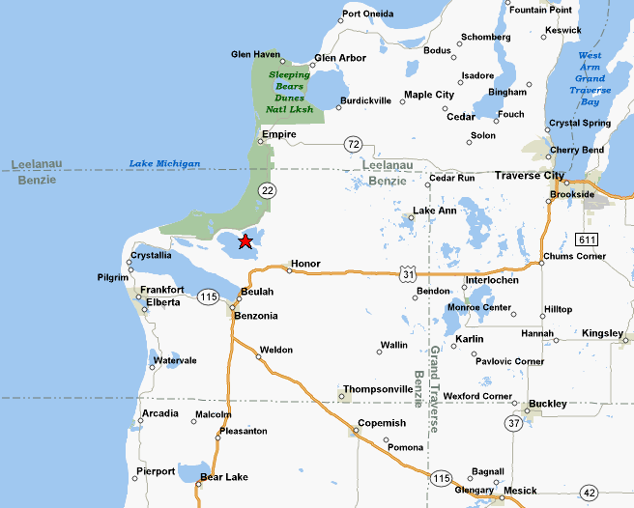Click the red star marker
pos(245,240)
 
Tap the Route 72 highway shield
pos(354,144)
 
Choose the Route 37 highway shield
pos(514,422)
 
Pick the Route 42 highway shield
pos(589,493)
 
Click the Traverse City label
pos(529,176)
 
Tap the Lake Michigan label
pos(164,164)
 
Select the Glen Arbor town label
pos(340,58)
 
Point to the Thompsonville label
pos(378,388)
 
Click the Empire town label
pos(278,134)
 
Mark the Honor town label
pos(305,264)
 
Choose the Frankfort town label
pos(161,290)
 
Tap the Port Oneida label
pos(367,14)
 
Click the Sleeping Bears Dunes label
pos(289,92)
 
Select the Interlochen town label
pos(492,280)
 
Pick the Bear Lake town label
pos(223,477)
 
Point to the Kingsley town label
pos(602,333)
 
